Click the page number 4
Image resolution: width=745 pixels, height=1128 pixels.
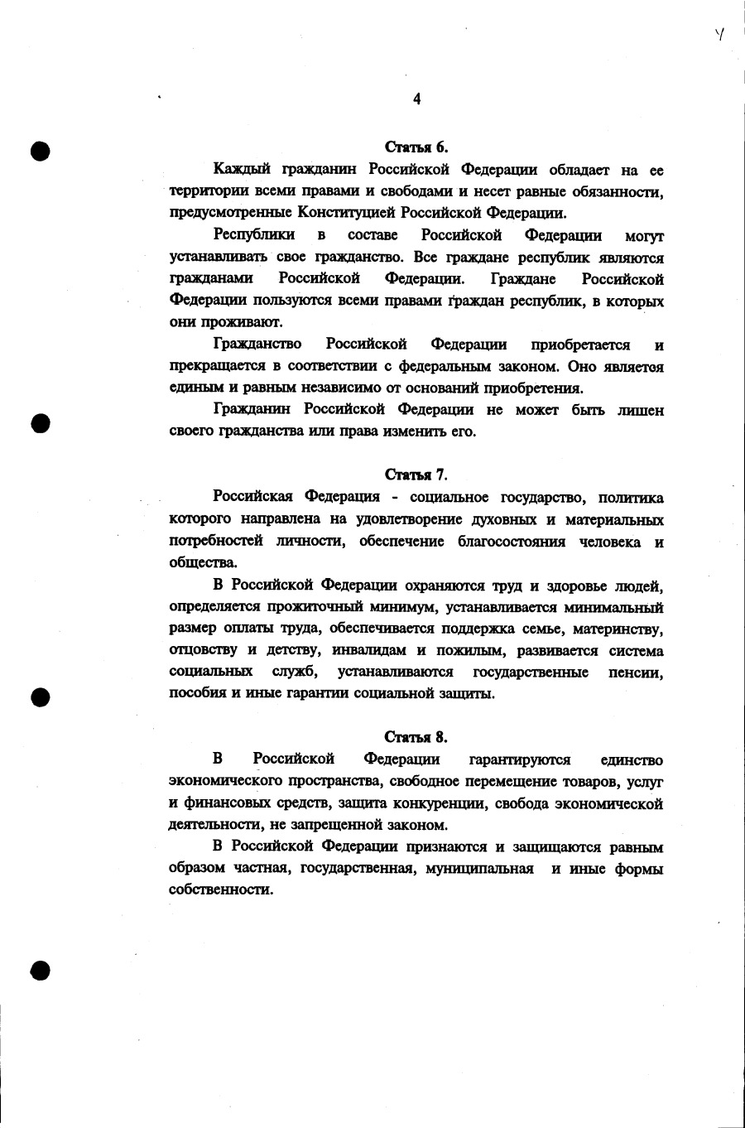pyautogui.click(x=416, y=99)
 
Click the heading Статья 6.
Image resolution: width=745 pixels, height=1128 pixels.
pyautogui.click(x=416, y=148)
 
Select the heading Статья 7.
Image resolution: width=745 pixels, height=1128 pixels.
pyautogui.click(x=416, y=475)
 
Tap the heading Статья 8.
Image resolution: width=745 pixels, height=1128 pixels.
pyautogui.click(x=416, y=737)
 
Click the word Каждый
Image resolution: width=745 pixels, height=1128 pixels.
pyautogui.click(x=241, y=171)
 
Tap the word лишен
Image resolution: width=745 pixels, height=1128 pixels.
pyautogui.click(x=640, y=410)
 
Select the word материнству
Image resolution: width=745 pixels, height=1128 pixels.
pyautogui.click(x=618, y=629)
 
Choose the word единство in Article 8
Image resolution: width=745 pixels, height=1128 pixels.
pyautogui.click(x=632, y=759)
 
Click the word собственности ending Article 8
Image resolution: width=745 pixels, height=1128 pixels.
pyautogui.click(x=220, y=890)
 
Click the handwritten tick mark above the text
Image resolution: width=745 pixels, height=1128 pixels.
pyautogui.click(x=720, y=35)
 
